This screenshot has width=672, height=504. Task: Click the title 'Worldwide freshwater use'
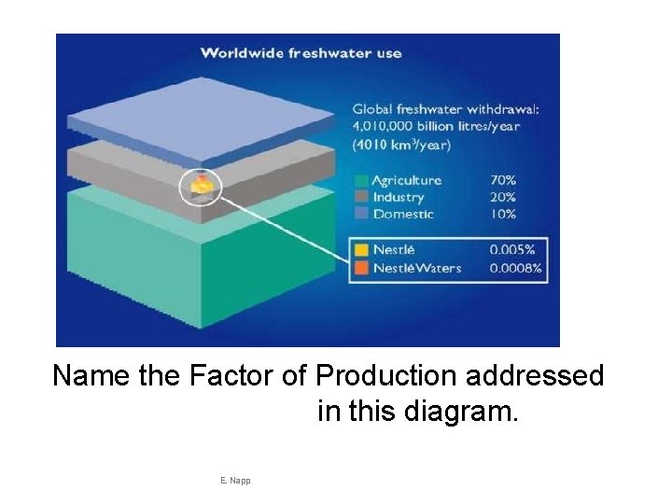(x=301, y=52)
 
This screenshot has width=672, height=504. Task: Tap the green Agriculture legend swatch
(x=360, y=180)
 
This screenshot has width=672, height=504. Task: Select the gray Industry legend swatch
(x=360, y=197)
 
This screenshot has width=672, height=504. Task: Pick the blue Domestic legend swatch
(x=360, y=214)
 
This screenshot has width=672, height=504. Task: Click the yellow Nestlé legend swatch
(x=360, y=250)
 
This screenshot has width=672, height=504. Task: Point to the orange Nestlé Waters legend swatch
(x=360, y=268)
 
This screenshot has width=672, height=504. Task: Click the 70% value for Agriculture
(x=502, y=180)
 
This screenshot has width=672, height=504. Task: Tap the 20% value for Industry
(x=502, y=197)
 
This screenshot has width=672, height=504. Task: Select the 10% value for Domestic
(x=502, y=214)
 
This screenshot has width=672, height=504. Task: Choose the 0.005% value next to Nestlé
(x=511, y=250)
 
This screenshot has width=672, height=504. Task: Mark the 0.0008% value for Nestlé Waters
(x=515, y=268)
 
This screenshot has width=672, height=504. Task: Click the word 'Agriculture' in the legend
(x=406, y=180)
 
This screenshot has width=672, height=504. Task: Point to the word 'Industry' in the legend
(x=398, y=197)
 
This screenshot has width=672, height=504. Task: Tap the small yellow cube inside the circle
(x=202, y=188)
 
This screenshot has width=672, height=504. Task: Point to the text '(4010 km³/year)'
(x=401, y=145)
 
